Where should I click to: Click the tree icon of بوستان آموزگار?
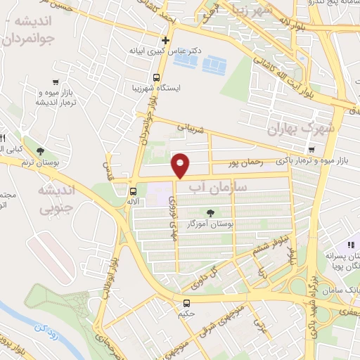pyautogui.click(x=210, y=212)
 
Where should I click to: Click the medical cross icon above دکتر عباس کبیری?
pyautogui.click(x=165, y=40)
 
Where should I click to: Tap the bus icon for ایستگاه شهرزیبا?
pyautogui.click(x=157, y=77)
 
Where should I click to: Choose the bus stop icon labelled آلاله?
pyautogui.click(x=133, y=191)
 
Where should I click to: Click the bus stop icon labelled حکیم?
pyautogui.click(x=186, y=303)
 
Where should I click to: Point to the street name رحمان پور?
pyautogui.click(x=245, y=162)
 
